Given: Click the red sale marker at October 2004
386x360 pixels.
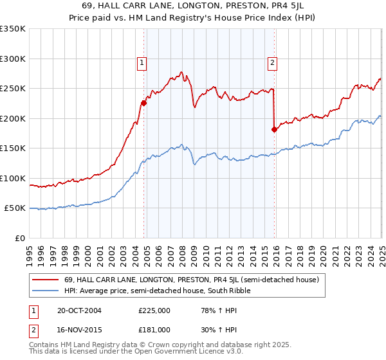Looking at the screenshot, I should coord(143,103).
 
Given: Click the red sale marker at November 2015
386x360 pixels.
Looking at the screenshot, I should coord(275,129).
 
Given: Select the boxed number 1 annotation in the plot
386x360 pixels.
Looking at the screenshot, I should coord(141,63).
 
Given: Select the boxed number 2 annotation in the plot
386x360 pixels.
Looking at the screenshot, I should coord(272,63).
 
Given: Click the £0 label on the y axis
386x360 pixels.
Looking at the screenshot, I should coord(19,238).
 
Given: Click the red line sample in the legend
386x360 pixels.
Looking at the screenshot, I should coord(45,280).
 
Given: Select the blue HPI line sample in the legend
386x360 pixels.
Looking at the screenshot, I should coord(45,291).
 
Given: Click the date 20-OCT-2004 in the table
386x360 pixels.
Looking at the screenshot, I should coord(79,310).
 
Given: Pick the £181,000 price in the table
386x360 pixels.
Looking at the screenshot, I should coord(154,330).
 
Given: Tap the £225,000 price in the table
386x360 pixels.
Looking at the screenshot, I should coord(154,310).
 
